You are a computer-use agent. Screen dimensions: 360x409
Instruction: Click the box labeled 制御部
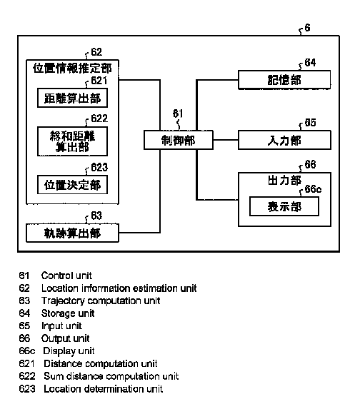tap(179, 140)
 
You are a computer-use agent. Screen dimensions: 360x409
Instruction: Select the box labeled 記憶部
tap(284, 80)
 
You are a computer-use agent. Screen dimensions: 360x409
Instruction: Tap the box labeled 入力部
tap(284, 140)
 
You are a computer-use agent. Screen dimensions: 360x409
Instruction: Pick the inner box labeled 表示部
tap(284, 206)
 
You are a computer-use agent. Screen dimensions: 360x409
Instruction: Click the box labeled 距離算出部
tap(72, 98)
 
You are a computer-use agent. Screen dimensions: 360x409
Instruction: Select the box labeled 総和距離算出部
tap(72, 141)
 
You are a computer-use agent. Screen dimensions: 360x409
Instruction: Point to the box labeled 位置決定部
tap(72, 185)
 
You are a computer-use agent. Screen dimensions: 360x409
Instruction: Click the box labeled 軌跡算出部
tap(72, 233)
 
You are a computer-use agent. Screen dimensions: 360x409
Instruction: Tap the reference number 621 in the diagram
tap(99, 81)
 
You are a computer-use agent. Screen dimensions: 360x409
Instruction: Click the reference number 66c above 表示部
tap(313, 189)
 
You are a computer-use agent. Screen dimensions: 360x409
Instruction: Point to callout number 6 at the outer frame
tap(308, 28)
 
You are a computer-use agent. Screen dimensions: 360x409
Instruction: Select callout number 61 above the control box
tap(178, 113)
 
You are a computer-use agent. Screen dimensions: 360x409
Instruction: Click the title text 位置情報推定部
tap(72, 69)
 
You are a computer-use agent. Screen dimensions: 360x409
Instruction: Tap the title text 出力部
tap(284, 181)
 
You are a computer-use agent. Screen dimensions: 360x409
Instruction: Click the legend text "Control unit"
tap(66, 276)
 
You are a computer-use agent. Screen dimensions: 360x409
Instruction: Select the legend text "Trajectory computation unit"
tap(101, 301)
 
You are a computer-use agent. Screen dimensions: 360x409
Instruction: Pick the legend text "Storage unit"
tap(68, 313)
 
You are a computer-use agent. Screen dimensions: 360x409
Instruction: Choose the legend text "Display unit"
tap(69, 351)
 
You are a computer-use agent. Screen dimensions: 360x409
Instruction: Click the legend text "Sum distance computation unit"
tap(111, 376)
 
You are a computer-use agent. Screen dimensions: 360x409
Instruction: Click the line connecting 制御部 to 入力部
tap(226, 140)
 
